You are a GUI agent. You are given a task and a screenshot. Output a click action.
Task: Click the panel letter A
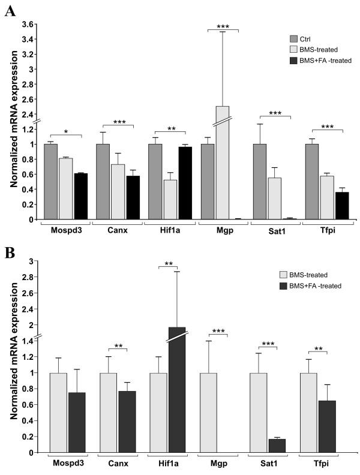pyautogui.click(x=10, y=10)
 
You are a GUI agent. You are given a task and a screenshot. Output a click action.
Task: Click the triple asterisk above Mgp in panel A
pyautogui.click(x=222, y=26)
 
